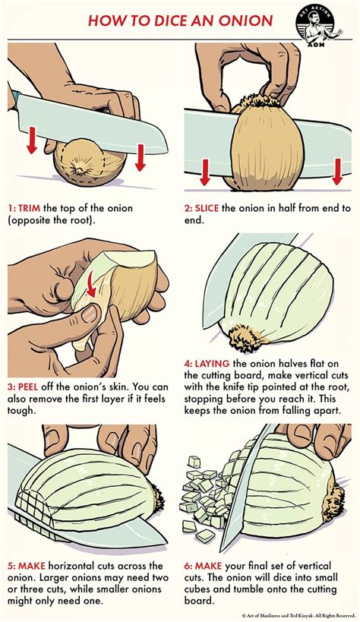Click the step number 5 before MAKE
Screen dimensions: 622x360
11,565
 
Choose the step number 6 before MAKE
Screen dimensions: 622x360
188,565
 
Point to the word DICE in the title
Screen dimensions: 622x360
141,21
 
